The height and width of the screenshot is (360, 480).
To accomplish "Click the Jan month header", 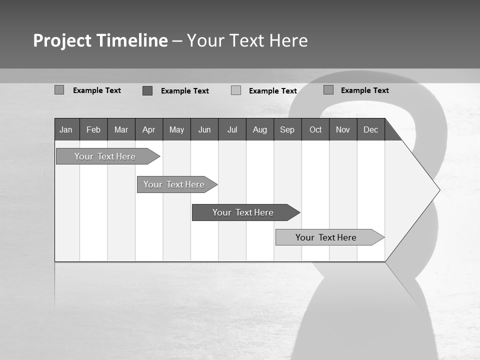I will coord(66,129).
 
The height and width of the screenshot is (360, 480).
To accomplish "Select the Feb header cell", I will coord(93,129).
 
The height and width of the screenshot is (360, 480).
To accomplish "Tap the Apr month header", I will coord(149,129).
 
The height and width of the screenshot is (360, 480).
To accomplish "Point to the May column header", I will coord(176,129).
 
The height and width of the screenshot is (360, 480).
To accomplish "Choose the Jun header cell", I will coord(204,129).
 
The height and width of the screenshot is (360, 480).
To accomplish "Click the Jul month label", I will coord(232,129).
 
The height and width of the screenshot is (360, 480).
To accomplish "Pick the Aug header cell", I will coord(260,129).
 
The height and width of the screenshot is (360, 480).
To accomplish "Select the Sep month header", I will coord(287,129).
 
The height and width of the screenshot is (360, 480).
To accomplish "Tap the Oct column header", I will coord(315,129).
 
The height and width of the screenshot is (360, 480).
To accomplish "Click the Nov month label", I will coord(343,129).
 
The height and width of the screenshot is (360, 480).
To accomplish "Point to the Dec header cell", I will coord(371,129).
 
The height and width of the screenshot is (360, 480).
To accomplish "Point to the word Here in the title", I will coord(288,40).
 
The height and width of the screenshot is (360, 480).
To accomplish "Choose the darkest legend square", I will coord(147,90).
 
